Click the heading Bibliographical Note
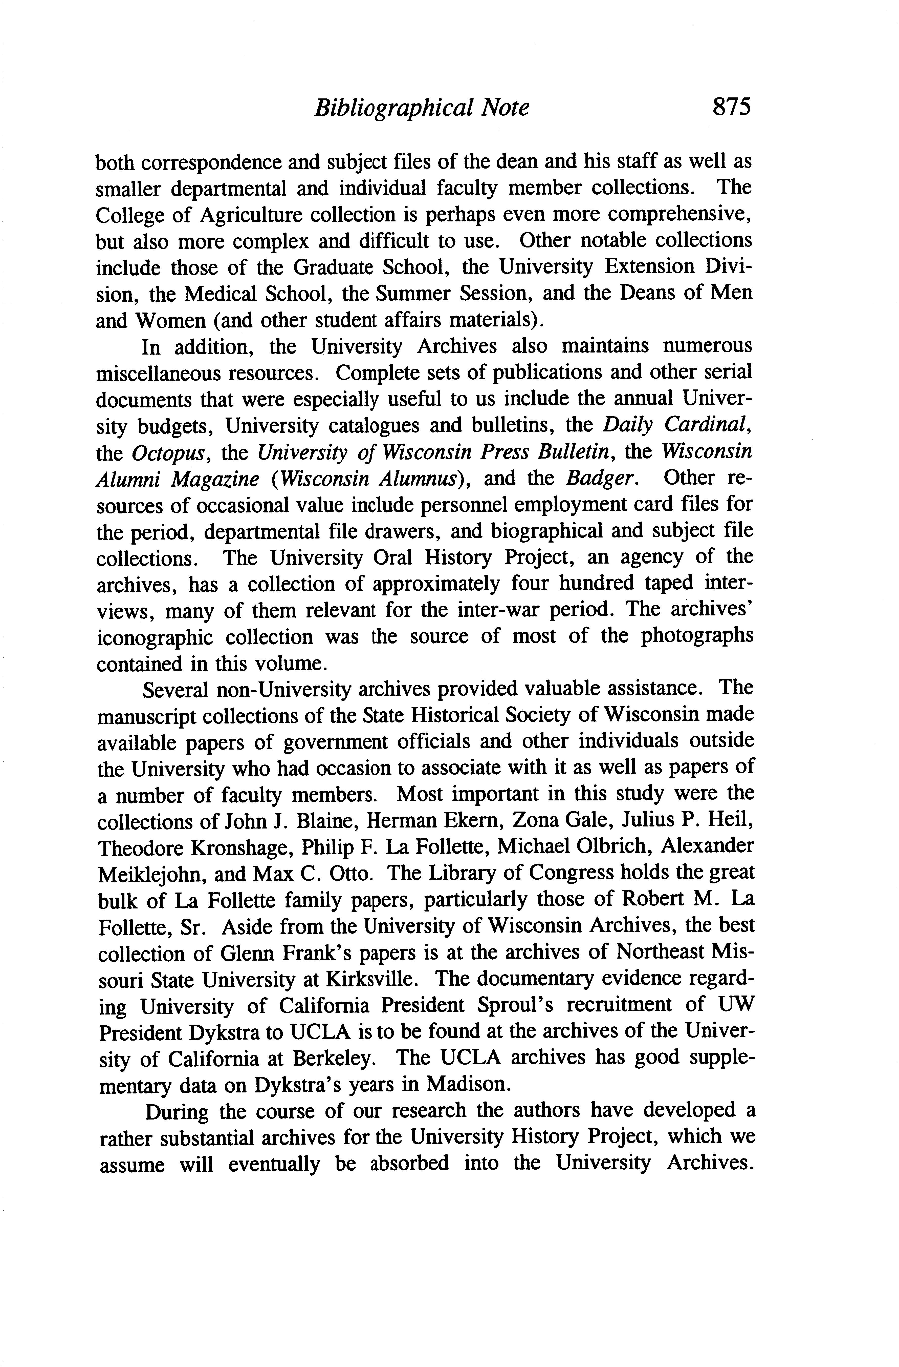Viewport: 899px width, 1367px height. tap(421, 107)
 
